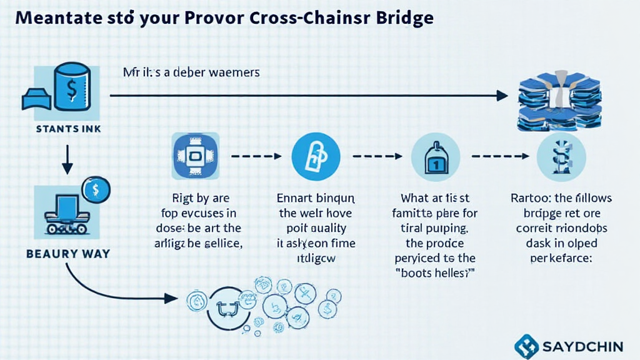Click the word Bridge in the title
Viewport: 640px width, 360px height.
(x=401, y=17)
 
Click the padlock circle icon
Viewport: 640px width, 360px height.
(x=316, y=156)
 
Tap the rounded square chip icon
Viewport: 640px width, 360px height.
(x=194, y=156)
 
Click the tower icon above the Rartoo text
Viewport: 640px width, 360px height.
(x=561, y=156)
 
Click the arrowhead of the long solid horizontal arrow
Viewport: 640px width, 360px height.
(x=501, y=96)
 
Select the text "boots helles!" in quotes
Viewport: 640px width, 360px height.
(x=435, y=273)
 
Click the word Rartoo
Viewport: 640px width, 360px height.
(x=528, y=199)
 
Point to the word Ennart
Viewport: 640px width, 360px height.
(x=294, y=199)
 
